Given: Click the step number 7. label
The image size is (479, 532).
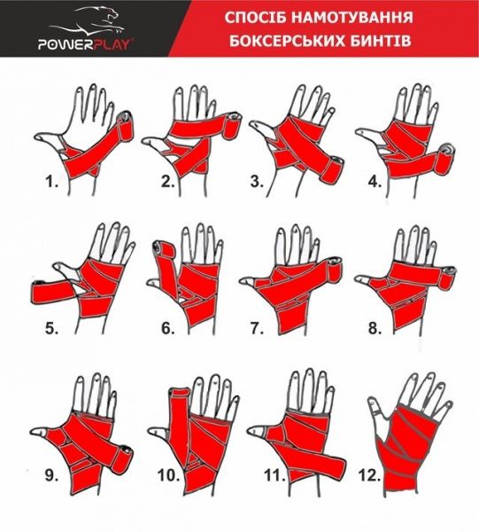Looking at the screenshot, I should (258, 328).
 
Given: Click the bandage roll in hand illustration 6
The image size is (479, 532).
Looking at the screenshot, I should (163, 251).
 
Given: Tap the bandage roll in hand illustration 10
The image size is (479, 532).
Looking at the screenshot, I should (177, 383).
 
